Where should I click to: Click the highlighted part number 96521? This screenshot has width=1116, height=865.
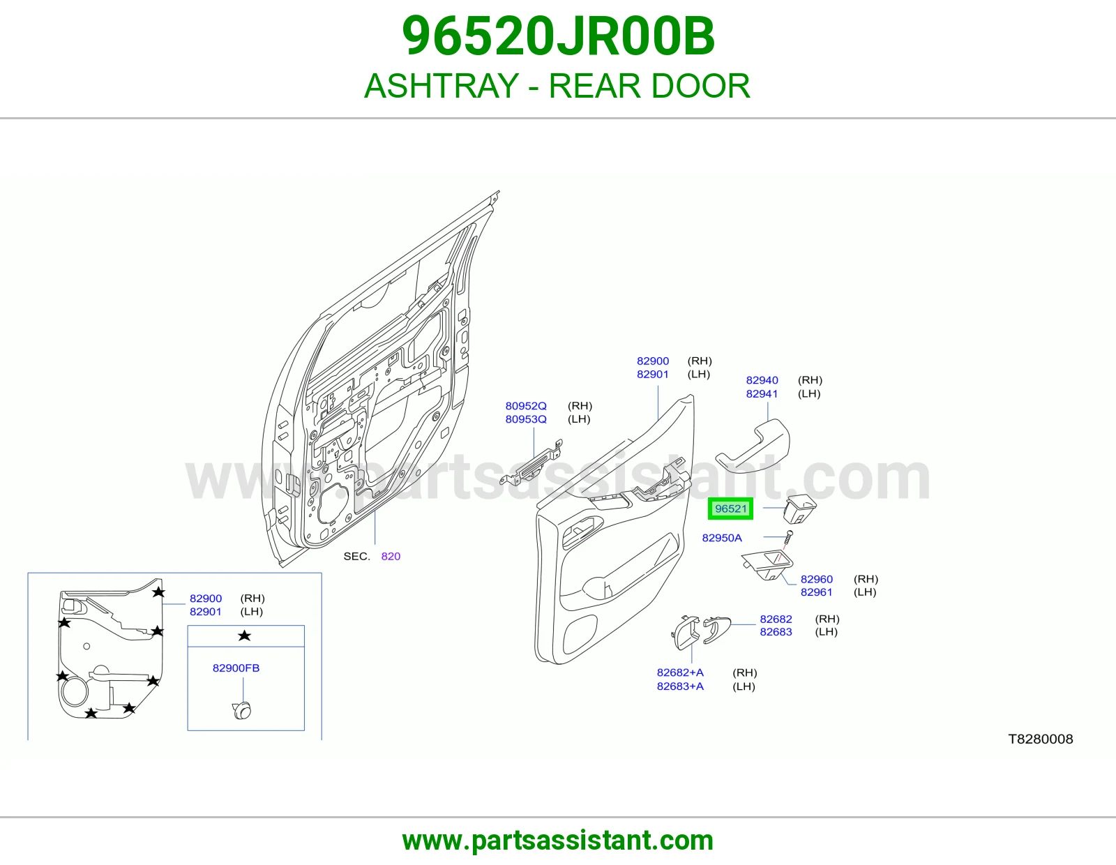[730, 509]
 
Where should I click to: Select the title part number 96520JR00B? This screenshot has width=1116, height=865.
[558, 36]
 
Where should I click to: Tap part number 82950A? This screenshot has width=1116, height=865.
[722, 538]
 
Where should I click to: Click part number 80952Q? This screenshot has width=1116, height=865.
[526, 406]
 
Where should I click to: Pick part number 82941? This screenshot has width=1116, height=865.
[762, 393]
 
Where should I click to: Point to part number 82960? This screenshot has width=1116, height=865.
[817, 579]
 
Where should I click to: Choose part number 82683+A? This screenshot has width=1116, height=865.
[680, 686]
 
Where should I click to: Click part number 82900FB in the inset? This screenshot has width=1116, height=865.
[236, 668]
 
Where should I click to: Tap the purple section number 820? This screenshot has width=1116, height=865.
[391, 556]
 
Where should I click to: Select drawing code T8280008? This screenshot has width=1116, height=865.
[1041, 739]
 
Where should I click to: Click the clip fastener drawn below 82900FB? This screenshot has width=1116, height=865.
[242, 710]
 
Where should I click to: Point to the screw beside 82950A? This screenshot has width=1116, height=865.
[788, 538]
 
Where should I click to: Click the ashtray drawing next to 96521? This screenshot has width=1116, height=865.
[799, 508]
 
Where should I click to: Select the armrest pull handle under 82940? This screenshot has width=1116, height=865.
[753, 445]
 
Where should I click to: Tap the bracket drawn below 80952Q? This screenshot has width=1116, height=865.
[531, 462]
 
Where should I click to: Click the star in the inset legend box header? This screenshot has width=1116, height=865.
[244, 636]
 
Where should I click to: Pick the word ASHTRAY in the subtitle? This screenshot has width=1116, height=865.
[441, 86]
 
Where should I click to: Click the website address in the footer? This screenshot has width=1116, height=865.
[558, 841]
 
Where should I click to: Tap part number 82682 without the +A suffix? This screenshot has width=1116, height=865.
[776, 619]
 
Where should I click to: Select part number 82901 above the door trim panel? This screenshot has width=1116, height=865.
[653, 374]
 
